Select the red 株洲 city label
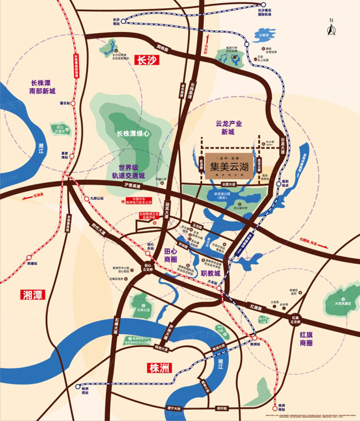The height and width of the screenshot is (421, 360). pyautogui.click(x=161, y=367)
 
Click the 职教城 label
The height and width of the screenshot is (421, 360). pyautogui.click(x=210, y=274)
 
